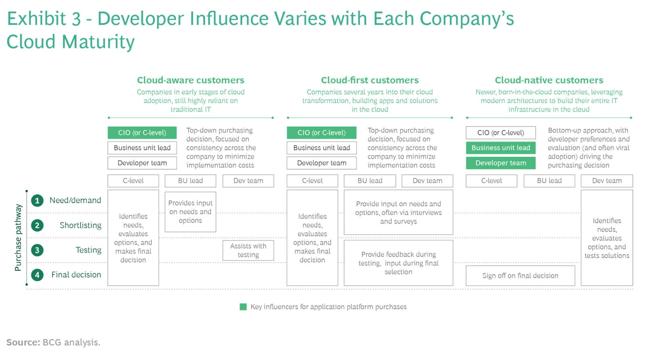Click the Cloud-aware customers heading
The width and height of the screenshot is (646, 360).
click(x=191, y=80)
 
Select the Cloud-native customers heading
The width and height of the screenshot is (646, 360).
click(x=549, y=80)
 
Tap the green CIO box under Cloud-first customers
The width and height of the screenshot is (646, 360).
click(x=321, y=132)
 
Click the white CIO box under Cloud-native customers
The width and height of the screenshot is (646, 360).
click(x=501, y=132)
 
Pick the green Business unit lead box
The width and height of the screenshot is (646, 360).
click(x=501, y=148)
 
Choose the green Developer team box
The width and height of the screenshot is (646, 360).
click(x=501, y=163)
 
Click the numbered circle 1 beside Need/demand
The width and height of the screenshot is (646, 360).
click(x=37, y=201)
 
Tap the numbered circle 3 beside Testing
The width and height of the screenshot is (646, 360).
click(x=37, y=250)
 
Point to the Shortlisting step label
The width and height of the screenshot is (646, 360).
click(x=80, y=225)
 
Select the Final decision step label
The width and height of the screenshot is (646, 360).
click(x=76, y=275)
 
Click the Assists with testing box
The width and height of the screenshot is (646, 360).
click(x=248, y=250)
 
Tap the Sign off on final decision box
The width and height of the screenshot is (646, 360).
click(x=520, y=276)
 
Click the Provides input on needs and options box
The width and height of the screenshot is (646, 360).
click(x=190, y=212)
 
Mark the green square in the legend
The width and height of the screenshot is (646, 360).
click(x=243, y=307)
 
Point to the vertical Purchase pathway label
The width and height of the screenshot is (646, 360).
click(x=18, y=237)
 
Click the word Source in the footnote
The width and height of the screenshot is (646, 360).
click(x=23, y=342)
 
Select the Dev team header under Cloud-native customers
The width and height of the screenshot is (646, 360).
click(x=606, y=181)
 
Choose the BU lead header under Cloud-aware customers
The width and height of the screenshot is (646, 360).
click(x=190, y=181)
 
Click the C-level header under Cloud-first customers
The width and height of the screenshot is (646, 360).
click(x=312, y=181)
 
